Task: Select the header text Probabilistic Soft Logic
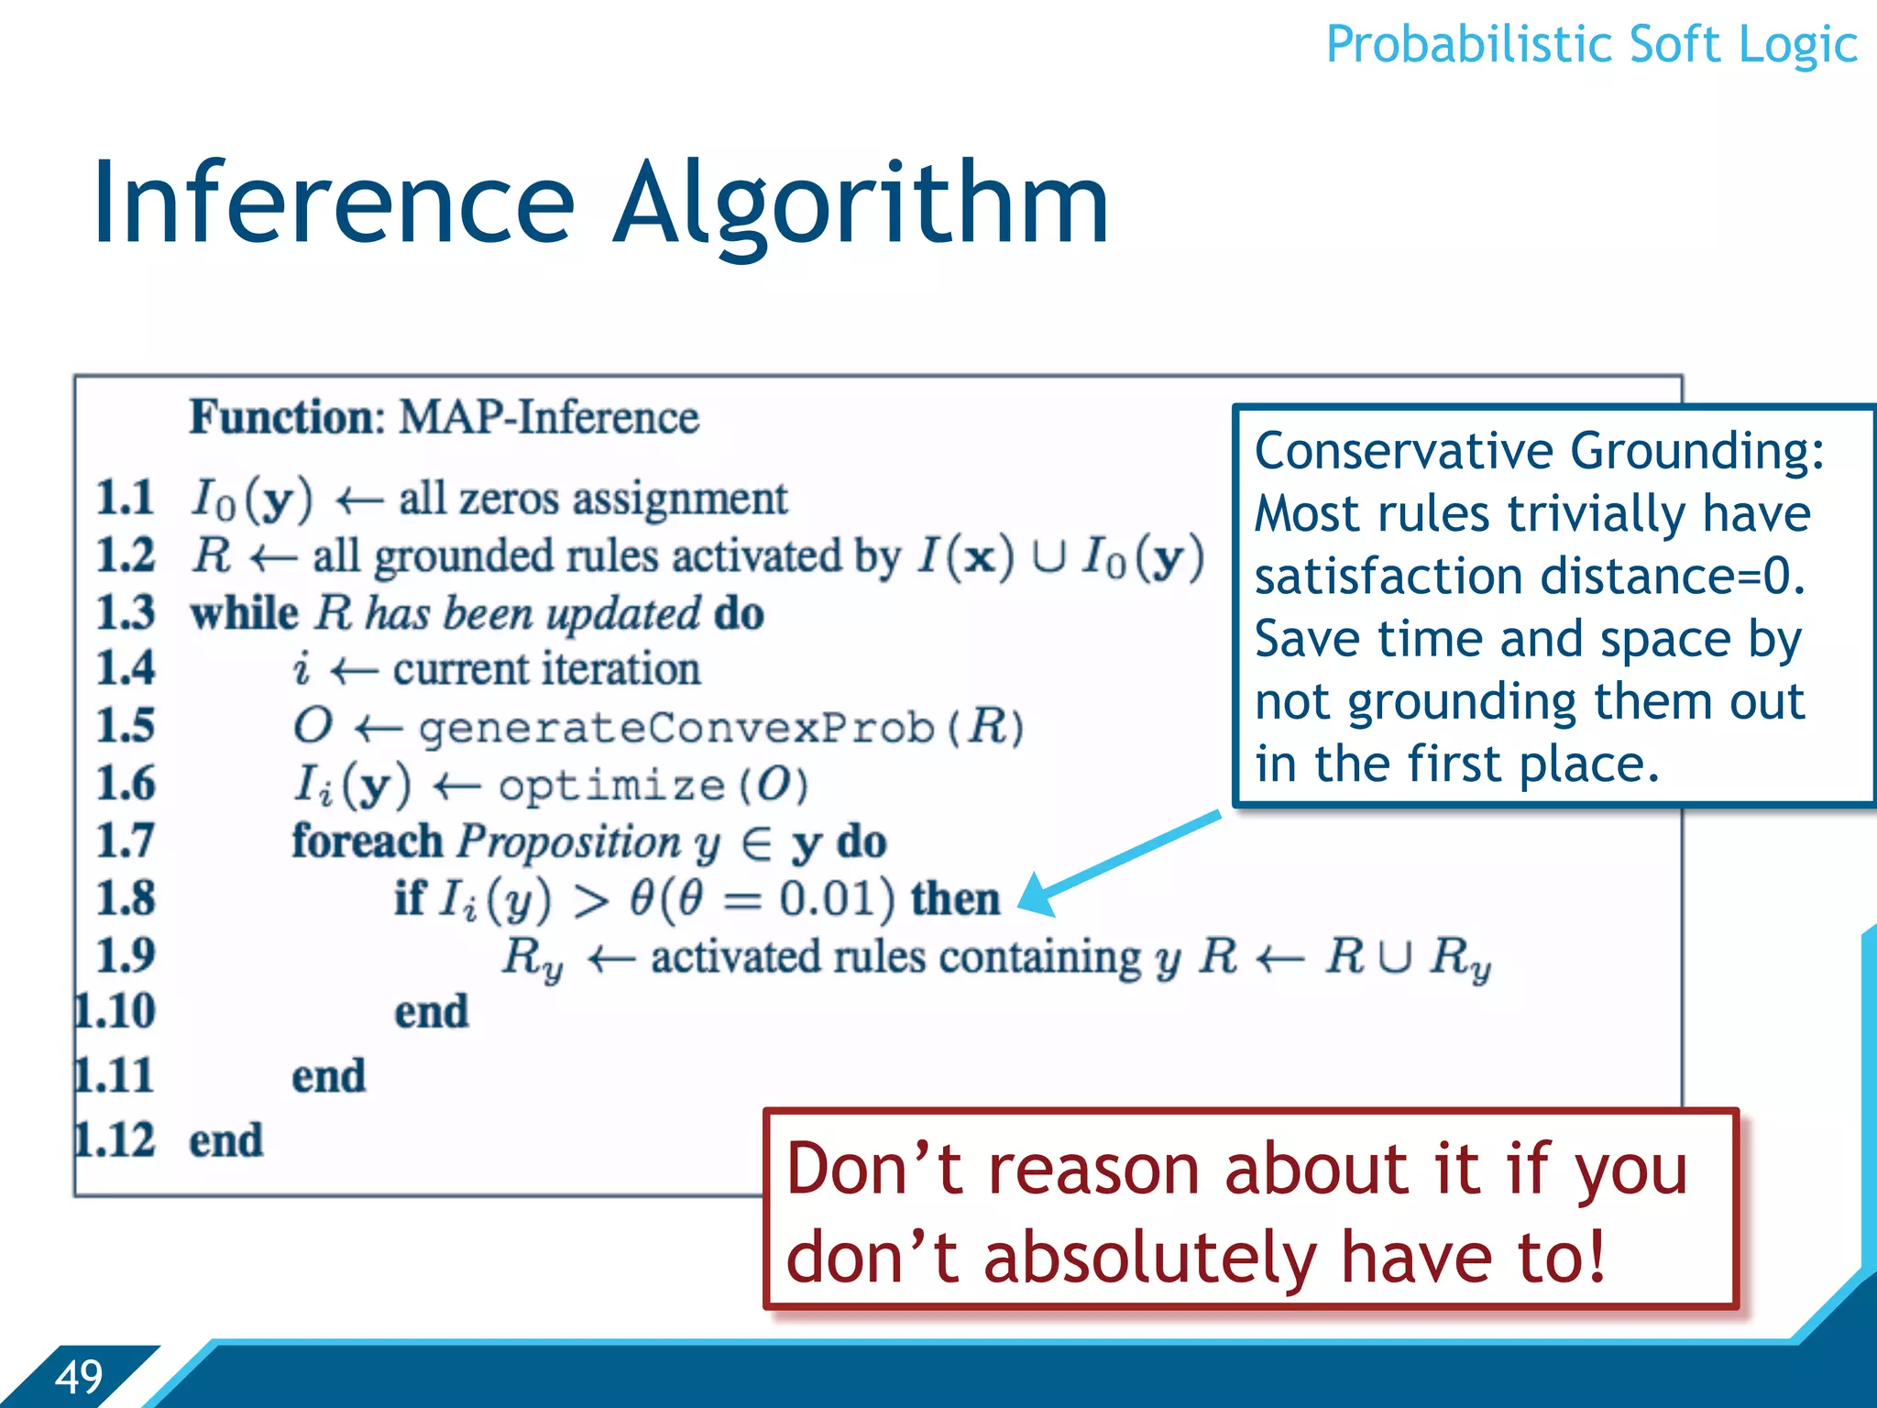tap(1591, 44)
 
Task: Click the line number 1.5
tap(126, 726)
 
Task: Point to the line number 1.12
tap(115, 1140)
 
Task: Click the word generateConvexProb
tap(676, 729)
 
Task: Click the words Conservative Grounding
tap(1539, 451)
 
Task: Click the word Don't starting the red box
tap(874, 1171)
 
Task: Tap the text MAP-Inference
tap(548, 418)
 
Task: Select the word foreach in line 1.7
tap(367, 841)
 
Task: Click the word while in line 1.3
tap(244, 613)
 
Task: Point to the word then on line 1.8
tap(955, 898)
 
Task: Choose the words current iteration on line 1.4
tap(546, 669)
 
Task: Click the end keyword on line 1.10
tap(431, 1013)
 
